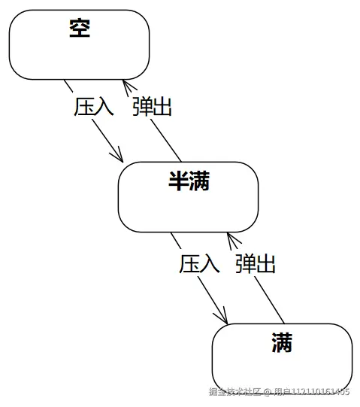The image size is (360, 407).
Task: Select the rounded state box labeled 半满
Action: (188, 207)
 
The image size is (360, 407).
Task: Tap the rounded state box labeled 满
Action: (282, 365)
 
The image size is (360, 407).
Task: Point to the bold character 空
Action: (79, 29)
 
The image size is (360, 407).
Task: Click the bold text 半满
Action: (189, 181)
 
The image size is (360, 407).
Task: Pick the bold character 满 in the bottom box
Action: (283, 345)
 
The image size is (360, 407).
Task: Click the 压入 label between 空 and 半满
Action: (94, 106)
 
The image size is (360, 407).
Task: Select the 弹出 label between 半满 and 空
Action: (152, 106)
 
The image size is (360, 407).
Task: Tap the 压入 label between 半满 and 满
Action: (199, 263)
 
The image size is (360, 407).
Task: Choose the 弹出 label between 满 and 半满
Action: (256, 263)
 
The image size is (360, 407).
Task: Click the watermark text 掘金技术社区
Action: (234, 391)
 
